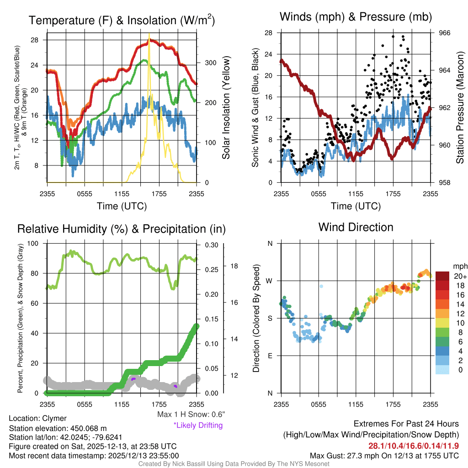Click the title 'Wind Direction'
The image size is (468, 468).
pyautogui.click(x=356, y=227)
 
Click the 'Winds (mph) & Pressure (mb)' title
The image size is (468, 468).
pyautogui.click(x=356, y=17)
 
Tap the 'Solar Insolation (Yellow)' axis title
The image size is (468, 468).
pyautogui.click(x=226, y=108)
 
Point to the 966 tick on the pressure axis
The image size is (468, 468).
pyautogui.click(x=445, y=33)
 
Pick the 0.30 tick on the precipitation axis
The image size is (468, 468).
pyautogui.click(x=211, y=245)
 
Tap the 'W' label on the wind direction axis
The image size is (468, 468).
pyautogui.click(x=270, y=281)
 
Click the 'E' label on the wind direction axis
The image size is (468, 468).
pyautogui.click(x=270, y=356)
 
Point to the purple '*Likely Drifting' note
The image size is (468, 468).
pyautogui.click(x=198, y=425)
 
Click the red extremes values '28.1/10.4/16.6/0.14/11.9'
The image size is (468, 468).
pyautogui.click(x=414, y=445)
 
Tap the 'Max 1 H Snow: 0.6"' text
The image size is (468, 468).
pyautogui.click(x=191, y=415)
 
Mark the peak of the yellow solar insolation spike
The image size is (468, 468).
pyautogui.click(x=149, y=34)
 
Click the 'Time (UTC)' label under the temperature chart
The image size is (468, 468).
pyautogui.click(x=122, y=206)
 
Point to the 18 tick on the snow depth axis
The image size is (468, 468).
pyautogui.click(x=234, y=266)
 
